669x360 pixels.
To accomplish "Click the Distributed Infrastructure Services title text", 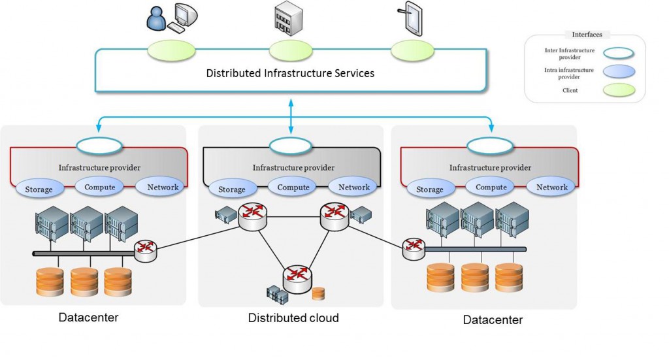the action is pyautogui.click(x=290, y=73).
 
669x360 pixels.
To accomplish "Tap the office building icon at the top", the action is pyautogui.click(x=288, y=19).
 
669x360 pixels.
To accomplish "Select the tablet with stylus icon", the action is pyautogui.click(x=411, y=19).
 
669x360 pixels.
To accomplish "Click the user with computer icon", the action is pyautogui.click(x=172, y=18).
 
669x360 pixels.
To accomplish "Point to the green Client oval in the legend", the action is pyautogui.click(x=619, y=90).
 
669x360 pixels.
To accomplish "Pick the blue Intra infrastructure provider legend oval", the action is pyautogui.click(x=619, y=72).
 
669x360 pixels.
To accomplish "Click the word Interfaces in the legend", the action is pyautogui.click(x=587, y=35).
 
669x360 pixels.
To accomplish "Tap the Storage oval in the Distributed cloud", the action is pyautogui.click(x=233, y=189).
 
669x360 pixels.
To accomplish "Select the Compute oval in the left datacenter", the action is pyautogui.click(x=99, y=187).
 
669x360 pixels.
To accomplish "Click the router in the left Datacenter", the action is pyautogui.click(x=146, y=251).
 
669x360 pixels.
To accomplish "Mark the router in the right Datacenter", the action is pyautogui.click(x=414, y=250).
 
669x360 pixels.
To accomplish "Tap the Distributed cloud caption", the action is pyautogui.click(x=293, y=318).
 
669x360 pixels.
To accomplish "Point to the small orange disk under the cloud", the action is pyautogui.click(x=318, y=293).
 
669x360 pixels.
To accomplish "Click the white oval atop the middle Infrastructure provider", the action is pyautogui.click(x=291, y=146).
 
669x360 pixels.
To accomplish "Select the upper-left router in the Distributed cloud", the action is pyautogui.click(x=253, y=217).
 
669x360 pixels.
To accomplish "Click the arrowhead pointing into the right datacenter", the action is pyautogui.click(x=491, y=127).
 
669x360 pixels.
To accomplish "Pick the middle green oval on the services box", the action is pyautogui.click(x=291, y=51).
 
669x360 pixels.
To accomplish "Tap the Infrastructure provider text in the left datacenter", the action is pyautogui.click(x=99, y=168).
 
